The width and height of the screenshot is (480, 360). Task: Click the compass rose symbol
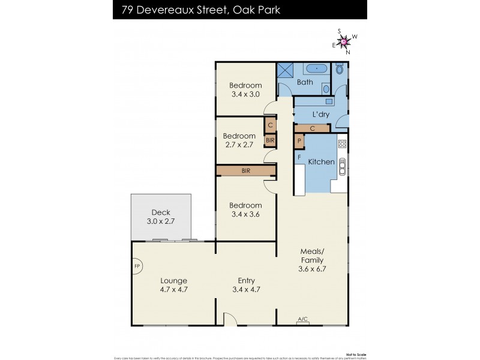coord(344,41)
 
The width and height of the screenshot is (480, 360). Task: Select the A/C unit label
coord(303,320)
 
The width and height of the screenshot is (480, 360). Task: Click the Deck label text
coord(161,212)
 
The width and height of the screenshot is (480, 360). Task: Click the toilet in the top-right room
coord(340,70)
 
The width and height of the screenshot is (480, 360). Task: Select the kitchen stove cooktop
coord(342,143)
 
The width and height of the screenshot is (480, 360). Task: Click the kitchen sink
coord(343,166)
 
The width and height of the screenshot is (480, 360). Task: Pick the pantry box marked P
coord(299,141)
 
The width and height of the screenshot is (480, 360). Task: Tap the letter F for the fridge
coord(299,157)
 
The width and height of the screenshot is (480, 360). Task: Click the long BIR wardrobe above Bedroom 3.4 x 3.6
coord(246,171)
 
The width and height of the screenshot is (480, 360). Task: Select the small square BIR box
coord(270,140)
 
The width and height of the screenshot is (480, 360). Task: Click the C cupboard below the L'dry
coord(312,128)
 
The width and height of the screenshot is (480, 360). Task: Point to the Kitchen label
coord(321,162)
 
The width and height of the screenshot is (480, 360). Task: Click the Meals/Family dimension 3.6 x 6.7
coord(312,269)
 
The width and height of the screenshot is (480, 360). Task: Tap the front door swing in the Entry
coord(229,319)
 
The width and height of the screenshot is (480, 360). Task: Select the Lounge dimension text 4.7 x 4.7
coord(173,289)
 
